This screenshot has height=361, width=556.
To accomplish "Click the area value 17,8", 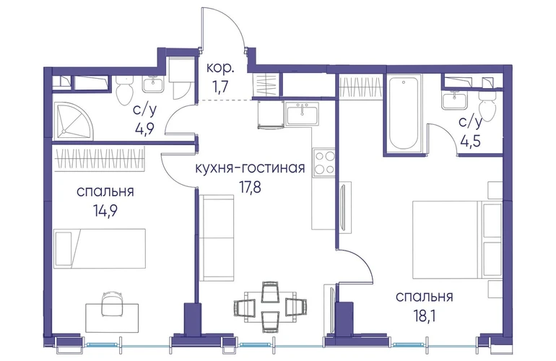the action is click(250, 187).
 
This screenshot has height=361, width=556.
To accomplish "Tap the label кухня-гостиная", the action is click(250, 168).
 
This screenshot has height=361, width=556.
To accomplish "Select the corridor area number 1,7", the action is click(220, 87).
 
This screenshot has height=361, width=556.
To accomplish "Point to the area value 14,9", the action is click(105, 212).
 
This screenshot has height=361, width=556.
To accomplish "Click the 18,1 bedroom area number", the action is click(425, 316).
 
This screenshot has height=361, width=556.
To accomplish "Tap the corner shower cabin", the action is click(74, 120).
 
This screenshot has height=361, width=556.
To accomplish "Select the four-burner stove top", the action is click(323, 162).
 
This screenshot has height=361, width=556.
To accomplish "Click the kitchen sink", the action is click(303, 113).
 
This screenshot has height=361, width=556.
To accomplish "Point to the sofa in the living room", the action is click(217, 238).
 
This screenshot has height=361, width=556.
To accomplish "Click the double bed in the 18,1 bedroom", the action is click(457, 240).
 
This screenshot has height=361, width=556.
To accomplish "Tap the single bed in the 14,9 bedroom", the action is click(100, 248).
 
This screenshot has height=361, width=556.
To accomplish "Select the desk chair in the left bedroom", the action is click(112, 304).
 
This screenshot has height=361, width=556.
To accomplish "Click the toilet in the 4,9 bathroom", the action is click(124, 90).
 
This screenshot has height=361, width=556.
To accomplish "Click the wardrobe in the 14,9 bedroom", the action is click(100, 158).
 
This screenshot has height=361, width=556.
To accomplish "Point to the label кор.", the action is click(220, 67).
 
